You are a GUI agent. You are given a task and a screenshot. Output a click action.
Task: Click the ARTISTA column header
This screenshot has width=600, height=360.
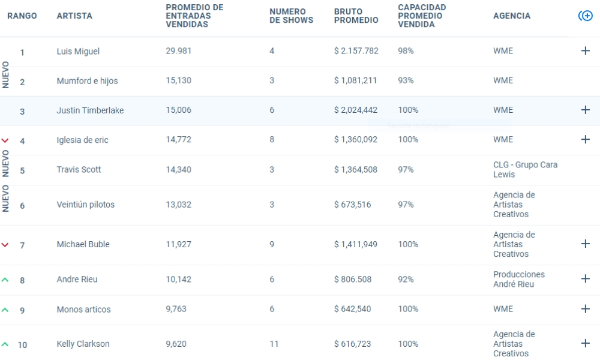(74, 16)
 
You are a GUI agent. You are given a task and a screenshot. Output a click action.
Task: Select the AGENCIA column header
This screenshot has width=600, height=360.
(512, 16)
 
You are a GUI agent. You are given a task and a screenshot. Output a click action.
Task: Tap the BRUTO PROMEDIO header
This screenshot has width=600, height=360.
(356, 16)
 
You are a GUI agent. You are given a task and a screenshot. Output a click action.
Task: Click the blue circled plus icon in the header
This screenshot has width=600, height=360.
(586, 16)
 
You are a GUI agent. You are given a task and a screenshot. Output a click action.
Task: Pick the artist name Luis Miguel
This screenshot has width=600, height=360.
(78, 51)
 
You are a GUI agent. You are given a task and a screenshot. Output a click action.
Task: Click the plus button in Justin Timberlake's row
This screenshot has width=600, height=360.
(586, 110)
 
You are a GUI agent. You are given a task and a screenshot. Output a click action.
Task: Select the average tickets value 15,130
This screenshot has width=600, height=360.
(178, 81)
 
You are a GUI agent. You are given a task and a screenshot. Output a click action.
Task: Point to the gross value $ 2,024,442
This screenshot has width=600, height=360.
(355, 110)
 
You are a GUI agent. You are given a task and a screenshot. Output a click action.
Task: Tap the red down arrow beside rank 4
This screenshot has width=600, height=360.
(5, 141)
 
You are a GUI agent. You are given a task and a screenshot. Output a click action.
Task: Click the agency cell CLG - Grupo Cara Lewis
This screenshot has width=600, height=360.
(525, 169)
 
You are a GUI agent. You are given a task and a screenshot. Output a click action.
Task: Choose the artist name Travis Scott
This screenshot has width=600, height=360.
(79, 169)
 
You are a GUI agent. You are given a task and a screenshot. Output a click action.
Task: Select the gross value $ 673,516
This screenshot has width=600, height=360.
(352, 205)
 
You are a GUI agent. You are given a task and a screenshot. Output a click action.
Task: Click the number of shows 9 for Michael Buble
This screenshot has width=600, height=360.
(272, 244)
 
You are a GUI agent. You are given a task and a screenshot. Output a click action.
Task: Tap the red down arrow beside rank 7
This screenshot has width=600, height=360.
(5, 245)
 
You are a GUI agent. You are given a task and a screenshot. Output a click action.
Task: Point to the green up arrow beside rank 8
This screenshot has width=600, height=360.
(5, 280)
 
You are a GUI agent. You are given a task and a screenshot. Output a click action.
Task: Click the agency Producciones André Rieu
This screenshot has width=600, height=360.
(519, 279)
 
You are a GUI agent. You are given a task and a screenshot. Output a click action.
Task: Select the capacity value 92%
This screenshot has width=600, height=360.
(406, 279)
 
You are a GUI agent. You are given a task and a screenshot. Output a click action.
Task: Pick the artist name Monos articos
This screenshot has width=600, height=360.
(83, 310)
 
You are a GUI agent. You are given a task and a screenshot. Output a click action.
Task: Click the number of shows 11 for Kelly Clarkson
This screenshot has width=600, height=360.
(274, 344)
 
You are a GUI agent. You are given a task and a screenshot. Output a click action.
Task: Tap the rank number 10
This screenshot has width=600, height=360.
(22, 345)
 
